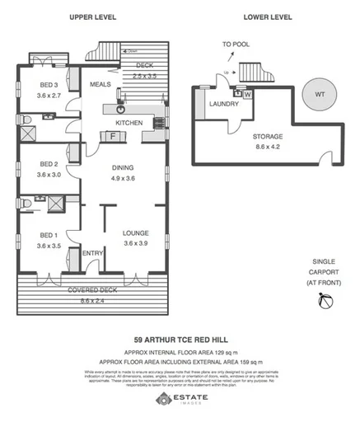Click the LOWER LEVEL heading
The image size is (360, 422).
click(269, 16)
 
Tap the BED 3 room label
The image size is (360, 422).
click(49, 85)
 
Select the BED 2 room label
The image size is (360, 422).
click(49, 164)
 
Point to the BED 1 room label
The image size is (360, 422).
click(49, 235)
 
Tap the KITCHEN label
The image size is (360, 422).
click(129, 123)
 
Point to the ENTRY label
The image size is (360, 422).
click(91, 253)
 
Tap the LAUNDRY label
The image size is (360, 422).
click(225, 105)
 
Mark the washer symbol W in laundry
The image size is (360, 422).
click(248, 93)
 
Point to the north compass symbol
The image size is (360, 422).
click(325, 306)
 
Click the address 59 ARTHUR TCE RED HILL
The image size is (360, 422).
click(180, 338)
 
